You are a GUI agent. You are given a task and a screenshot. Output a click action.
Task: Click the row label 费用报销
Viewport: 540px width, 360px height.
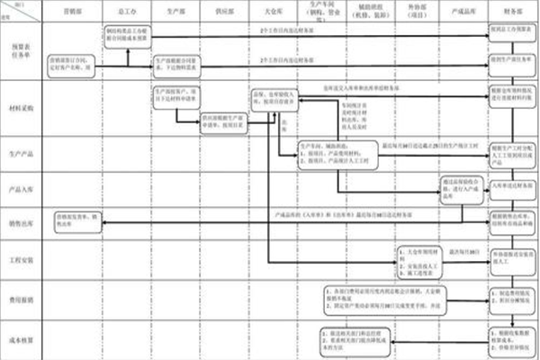(20, 295)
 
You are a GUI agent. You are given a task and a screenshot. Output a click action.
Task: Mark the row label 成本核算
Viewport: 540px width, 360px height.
(20, 337)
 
